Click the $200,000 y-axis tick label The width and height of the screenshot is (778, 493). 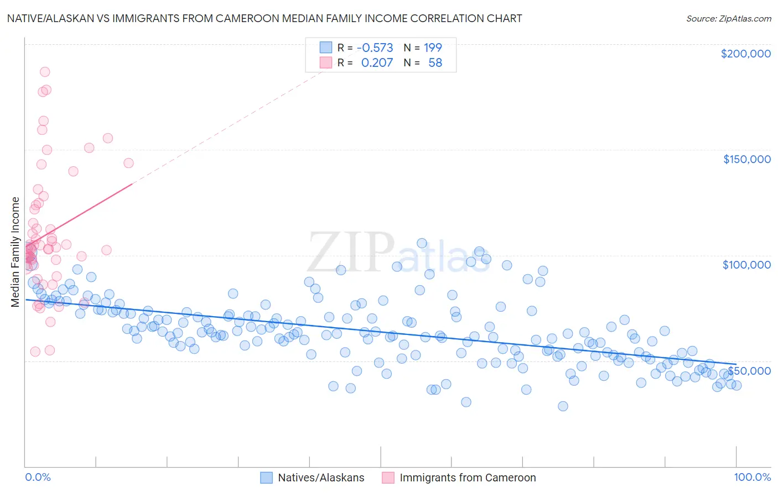(745, 54)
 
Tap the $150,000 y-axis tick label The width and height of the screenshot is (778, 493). (746, 159)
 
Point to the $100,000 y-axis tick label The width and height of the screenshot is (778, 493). (746, 265)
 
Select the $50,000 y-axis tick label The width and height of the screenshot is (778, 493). (749, 370)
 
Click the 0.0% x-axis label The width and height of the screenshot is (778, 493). (38, 477)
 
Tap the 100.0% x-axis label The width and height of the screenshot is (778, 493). (752, 477)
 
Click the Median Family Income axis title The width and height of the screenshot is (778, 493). (15, 252)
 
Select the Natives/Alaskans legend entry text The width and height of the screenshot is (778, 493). (321, 478)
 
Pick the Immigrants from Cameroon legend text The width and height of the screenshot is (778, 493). (468, 478)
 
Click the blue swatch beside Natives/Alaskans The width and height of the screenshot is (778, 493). (267, 478)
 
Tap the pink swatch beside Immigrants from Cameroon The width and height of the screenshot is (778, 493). (388, 478)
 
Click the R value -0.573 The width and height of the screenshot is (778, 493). (375, 48)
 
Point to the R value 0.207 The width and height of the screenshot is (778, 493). (377, 63)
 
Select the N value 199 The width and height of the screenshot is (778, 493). (433, 48)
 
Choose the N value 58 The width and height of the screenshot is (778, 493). (435, 63)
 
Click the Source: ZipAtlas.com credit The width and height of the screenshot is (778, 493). (728, 19)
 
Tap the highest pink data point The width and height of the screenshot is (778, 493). (45, 72)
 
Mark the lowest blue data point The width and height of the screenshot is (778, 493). (563, 406)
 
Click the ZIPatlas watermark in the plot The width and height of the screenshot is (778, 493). (398, 254)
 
